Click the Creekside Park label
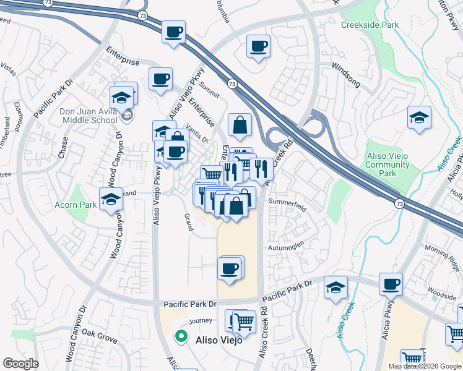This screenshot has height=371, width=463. (x=370, y=25)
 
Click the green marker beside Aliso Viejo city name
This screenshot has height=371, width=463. (x=181, y=337)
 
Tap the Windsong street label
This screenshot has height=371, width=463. (x=345, y=66)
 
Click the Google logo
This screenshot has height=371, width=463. (x=20, y=364)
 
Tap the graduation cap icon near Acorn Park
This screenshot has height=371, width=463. (x=111, y=199)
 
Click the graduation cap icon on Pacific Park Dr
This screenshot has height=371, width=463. (x=335, y=287)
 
